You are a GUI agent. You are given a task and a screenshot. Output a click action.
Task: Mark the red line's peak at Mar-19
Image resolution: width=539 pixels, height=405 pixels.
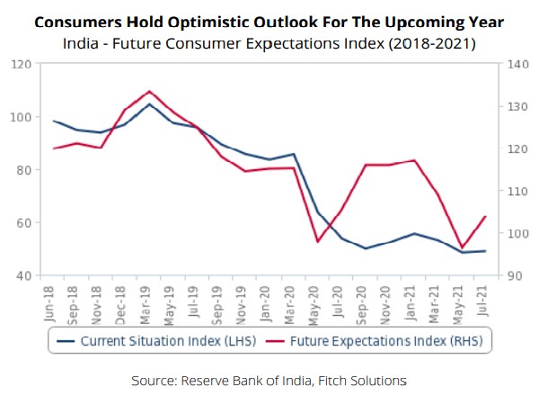(x=149, y=91)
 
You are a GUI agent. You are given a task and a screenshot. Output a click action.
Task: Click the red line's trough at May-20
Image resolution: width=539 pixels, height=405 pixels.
(x=317, y=241)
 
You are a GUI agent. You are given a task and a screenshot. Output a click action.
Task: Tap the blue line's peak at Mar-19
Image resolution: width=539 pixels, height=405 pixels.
(x=149, y=103)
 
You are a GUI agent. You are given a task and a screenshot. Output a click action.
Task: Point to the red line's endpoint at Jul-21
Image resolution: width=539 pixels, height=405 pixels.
(x=486, y=216)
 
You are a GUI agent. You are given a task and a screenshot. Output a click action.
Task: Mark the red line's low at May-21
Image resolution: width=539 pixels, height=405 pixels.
(x=462, y=248)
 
